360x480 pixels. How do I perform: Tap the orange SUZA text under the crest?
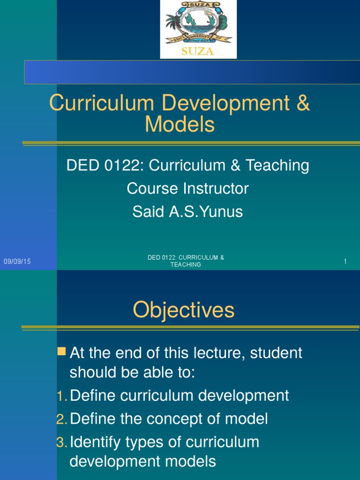198,51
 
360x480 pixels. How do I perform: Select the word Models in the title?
180,125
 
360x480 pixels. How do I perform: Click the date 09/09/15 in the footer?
17,262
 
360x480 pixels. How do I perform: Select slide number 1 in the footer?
345,262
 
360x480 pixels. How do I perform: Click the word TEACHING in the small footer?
186,265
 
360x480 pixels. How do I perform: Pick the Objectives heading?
183,310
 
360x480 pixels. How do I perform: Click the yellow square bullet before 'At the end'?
61,352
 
